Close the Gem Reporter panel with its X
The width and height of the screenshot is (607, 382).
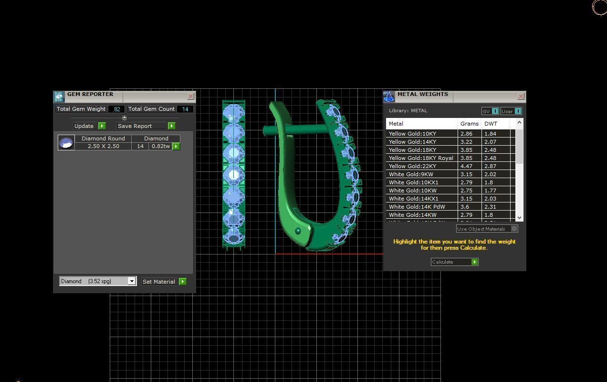click(x=190, y=96)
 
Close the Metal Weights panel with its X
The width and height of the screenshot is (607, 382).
click(x=521, y=96)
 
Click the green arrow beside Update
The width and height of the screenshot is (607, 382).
click(x=102, y=126)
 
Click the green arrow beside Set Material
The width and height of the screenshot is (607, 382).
click(x=182, y=282)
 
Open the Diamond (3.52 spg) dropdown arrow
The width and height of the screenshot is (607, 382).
click(x=132, y=281)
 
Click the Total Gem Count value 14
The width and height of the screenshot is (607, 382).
click(x=185, y=109)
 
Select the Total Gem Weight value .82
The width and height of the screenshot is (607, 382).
click(x=116, y=109)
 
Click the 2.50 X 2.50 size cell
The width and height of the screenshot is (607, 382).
click(x=103, y=146)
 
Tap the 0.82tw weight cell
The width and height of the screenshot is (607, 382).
click(x=160, y=146)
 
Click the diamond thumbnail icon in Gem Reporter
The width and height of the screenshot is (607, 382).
click(x=66, y=142)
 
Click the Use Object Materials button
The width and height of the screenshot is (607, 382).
click(x=487, y=229)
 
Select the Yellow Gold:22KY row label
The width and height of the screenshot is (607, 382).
click(x=412, y=166)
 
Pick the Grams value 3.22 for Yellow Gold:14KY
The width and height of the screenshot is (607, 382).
click(x=466, y=142)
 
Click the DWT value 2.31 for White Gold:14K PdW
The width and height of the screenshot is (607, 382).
click(x=490, y=207)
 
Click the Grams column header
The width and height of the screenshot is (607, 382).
click(x=469, y=124)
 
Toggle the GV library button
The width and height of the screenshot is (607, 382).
click(x=490, y=111)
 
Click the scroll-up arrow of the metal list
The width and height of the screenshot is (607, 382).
click(x=519, y=123)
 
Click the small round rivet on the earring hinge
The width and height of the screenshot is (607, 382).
click(x=298, y=231)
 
